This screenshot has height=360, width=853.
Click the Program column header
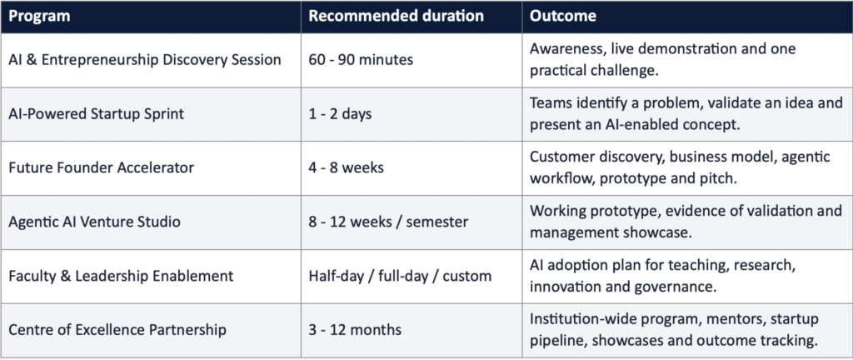click(x=39, y=17)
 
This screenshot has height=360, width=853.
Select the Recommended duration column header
click(x=396, y=16)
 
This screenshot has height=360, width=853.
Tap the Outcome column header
click(x=563, y=16)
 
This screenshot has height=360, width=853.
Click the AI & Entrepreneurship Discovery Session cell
click(x=145, y=60)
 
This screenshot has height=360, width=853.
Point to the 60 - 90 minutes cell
click(x=361, y=60)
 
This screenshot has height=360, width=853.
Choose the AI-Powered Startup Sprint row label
click(x=97, y=114)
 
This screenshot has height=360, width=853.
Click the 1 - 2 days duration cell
click(x=340, y=114)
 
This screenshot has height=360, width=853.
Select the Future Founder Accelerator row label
click(x=101, y=167)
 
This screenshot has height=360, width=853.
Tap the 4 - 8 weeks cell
click(x=346, y=167)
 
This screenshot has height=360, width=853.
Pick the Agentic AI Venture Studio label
click(x=95, y=222)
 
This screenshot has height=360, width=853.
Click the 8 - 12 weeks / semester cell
click(x=388, y=222)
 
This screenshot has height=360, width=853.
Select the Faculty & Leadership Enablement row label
click(x=121, y=276)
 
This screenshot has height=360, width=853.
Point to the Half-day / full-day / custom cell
click(x=400, y=276)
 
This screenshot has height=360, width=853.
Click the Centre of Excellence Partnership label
click(x=117, y=329)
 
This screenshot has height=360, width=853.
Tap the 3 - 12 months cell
click(x=355, y=329)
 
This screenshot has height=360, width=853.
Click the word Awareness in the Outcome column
click(x=566, y=49)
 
